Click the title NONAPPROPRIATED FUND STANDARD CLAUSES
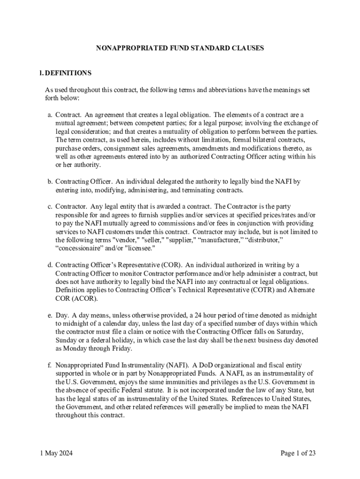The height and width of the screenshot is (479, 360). coord(180,48)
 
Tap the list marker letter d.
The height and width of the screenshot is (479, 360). coord(50,265)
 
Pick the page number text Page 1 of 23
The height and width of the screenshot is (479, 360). coord(298,453)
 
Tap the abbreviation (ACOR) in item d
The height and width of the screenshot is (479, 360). coord(71,298)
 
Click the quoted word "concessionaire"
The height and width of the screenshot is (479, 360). coord(77,248)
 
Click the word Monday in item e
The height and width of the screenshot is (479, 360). coord(77,348)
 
